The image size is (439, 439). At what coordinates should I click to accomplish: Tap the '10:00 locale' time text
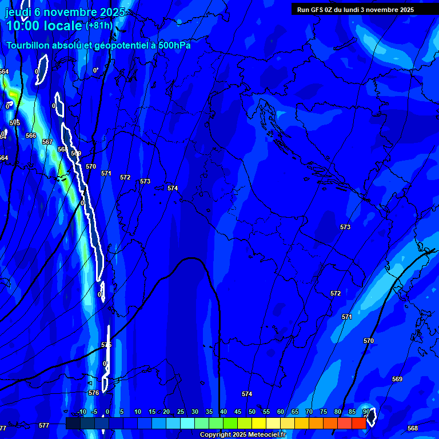(x=44, y=26)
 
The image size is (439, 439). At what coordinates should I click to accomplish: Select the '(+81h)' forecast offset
(x=99, y=26)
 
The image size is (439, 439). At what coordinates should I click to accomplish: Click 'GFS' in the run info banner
(x=318, y=10)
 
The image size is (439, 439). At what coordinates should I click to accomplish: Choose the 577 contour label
(x=44, y=426)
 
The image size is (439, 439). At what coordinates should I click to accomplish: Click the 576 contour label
(x=94, y=393)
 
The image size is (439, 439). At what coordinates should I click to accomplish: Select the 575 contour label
(x=106, y=345)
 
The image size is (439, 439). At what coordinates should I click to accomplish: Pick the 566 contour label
(x=31, y=136)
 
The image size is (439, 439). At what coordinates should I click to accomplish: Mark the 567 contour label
(x=47, y=142)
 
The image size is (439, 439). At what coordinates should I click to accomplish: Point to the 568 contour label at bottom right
(x=412, y=429)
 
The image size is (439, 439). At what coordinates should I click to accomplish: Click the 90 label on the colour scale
(x=366, y=412)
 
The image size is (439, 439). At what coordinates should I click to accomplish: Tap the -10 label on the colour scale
(x=82, y=412)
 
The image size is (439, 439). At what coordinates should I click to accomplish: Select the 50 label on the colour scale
(x=252, y=412)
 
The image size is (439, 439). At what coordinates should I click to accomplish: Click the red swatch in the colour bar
(x=358, y=424)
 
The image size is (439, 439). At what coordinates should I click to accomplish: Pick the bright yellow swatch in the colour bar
(x=258, y=424)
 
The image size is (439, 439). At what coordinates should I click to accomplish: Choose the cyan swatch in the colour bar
(x=187, y=424)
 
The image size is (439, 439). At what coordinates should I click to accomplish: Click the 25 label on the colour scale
(x=181, y=412)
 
